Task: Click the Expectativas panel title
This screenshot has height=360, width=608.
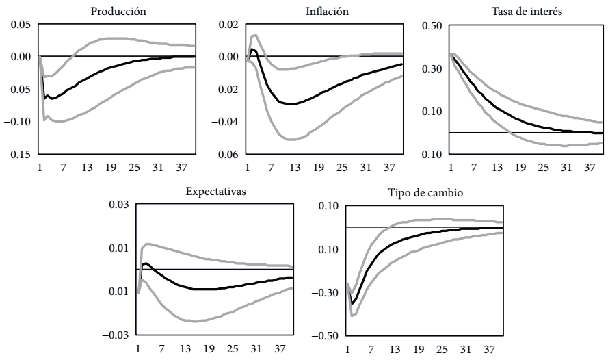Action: [x=214, y=191]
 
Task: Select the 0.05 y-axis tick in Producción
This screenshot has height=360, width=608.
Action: [x=21, y=25]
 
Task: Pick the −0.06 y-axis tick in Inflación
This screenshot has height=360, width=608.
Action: [x=224, y=155]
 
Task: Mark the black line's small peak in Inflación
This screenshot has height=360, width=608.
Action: [x=252, y=49]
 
